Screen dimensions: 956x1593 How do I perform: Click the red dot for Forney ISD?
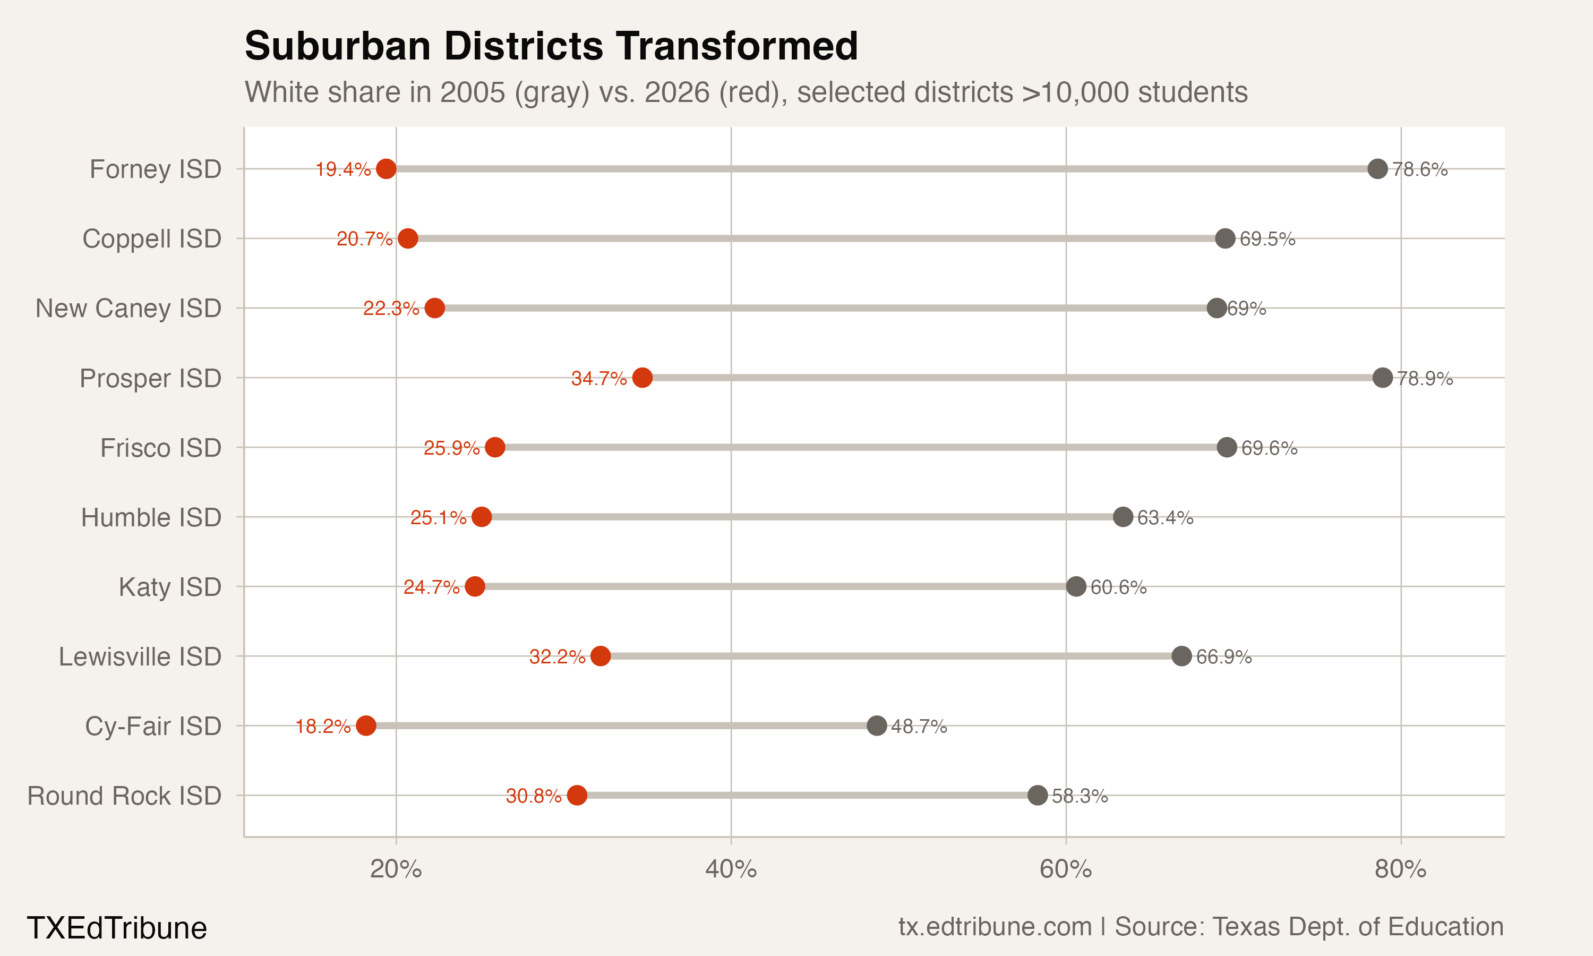pyautogui.click(x=386, y=169)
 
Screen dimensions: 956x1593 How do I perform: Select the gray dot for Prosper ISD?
pyautogui.click(x=1382, y=378)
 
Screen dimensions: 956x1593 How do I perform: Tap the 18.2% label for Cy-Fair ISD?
pyautogui.click(x=323, y=726)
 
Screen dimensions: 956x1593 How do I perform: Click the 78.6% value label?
pyautogui.click(x=1420, y=169)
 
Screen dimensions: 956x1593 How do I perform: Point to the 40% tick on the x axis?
pyautogui.click(x=731, y=869)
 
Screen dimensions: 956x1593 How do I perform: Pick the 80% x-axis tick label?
pyautogui.click(x=1400, y=869)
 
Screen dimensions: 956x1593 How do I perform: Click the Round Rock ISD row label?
pyautogui.click(x=124, y=796)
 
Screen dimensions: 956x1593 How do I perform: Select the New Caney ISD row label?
pyautogui.click(x=128, y=308)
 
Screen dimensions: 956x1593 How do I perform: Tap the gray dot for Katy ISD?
pyautogui.click(x=1076, y=586)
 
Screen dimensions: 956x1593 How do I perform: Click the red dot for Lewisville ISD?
pyautogui.click(x=600, y=656)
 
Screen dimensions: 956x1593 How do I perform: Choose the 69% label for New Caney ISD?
pyautogui.click(x=1247, y=309)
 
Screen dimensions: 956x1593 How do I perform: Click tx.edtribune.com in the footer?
pyautogui.click(x=995, y=926)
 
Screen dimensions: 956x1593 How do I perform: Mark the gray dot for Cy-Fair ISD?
pyautogui.click(x=876, y=725)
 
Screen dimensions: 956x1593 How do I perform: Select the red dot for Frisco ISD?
pyautogui.click(x=494, y=447)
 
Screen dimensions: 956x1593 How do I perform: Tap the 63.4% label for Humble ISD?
pyautogui.click(x=1165, y=517)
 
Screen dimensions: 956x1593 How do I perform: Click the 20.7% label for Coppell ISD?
pyautogui.click(x=364, y=239)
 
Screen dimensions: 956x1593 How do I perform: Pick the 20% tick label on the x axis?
pyautogui.click(x=396, y=869)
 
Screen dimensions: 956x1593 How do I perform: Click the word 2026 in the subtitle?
pyautogui.click(x=676, y=92)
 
